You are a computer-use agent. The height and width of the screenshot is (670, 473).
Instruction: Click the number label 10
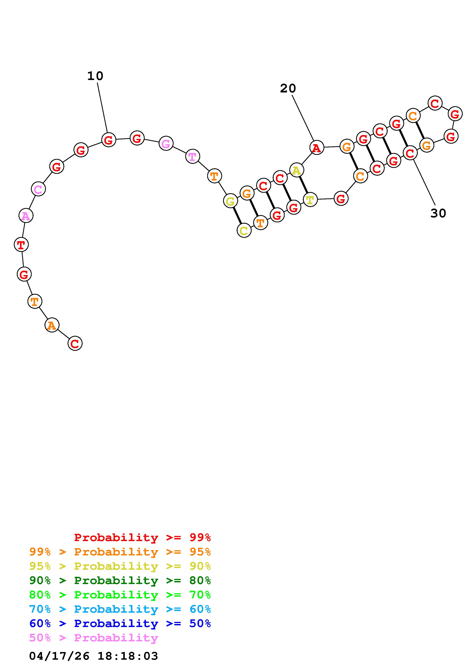[x=95, y=76]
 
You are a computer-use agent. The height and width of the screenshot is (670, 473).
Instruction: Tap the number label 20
[x=288, y=88]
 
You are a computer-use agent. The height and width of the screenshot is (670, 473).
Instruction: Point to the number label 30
[x=438, y=213]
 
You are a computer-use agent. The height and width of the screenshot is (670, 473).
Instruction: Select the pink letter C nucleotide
[x=38, y=189]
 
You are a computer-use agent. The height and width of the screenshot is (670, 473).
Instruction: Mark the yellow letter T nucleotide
[x=310, y=200]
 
